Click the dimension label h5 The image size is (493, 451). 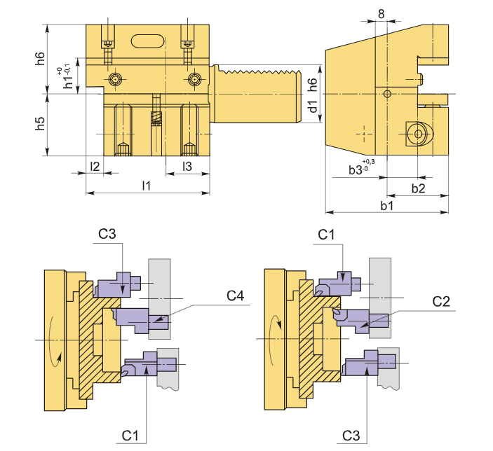[x=40, y=123]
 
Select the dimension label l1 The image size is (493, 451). [x=147, y=186]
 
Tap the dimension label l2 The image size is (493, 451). [x=95, y=166]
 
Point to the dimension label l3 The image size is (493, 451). [x=187, y=166]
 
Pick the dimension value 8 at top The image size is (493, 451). [x=381, y=14]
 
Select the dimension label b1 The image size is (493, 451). [x=386, y=205]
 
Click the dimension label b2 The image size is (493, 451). [x=418, y=188]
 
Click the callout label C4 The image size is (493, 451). [x=235, y=296]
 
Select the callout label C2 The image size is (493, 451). [x=441, y=302]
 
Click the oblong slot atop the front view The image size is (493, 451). [x=148, y=41]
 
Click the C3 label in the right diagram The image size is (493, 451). [x=351, y=436]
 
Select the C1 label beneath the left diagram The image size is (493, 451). [x=130, y=436]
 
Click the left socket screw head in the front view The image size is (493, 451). [x=116, y=79]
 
